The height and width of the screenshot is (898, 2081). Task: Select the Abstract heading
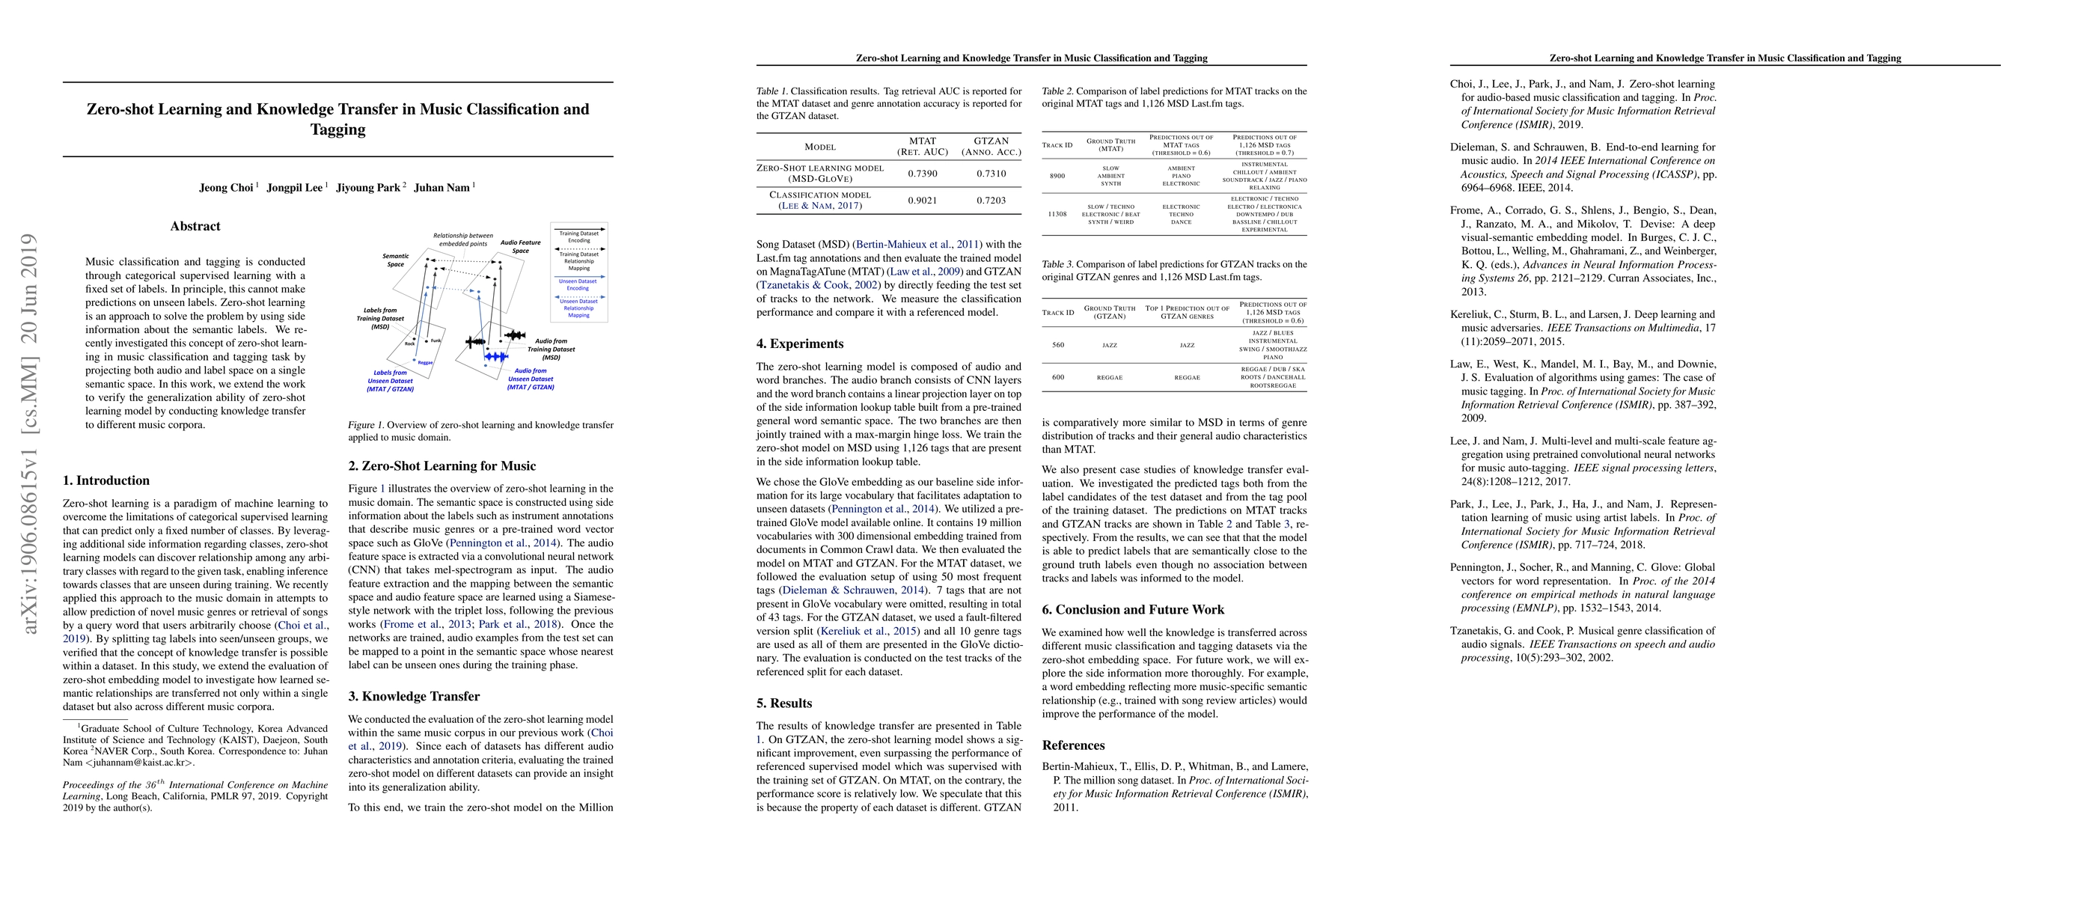pos(195,227)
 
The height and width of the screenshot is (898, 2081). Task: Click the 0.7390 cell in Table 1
pos(923,174)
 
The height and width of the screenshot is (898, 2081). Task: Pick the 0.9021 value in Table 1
pos(923,201)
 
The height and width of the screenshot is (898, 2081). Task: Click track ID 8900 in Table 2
pos(1057,176)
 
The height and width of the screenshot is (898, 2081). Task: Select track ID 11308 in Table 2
pos(1057,214)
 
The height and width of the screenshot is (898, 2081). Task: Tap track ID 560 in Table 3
pos(1057,345)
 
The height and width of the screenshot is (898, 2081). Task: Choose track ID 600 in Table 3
pos(1057,377)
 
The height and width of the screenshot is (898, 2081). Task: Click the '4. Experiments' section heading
pos(800,344)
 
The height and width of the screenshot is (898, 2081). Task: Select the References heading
pos(1073,745)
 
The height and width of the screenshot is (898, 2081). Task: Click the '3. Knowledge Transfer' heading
pos(414,697)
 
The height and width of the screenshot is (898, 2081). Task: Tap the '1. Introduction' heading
pos(106,481)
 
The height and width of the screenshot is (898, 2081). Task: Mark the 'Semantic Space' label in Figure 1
pos(395,260)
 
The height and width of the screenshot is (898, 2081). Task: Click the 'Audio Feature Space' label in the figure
pos(520,246)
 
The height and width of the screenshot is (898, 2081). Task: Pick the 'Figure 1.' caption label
pos(365,425)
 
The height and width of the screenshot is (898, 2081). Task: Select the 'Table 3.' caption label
pos(1057,264)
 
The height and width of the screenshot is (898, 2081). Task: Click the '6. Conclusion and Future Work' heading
pos(1133,610)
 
